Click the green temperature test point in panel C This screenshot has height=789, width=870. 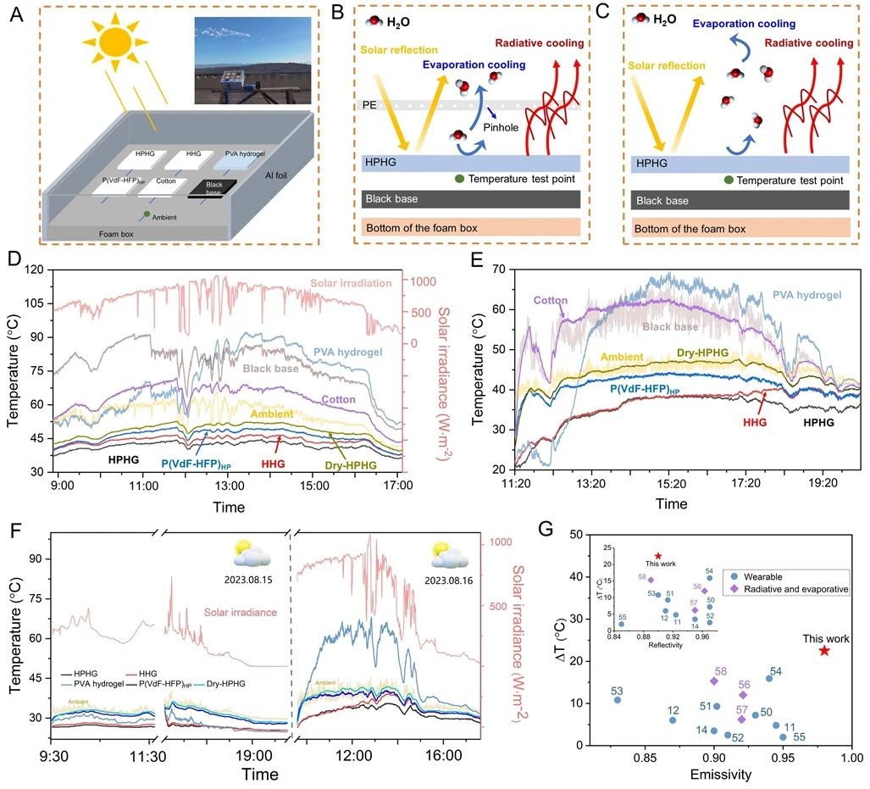click(729, 180)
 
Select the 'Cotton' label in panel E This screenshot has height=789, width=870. click(550, 299)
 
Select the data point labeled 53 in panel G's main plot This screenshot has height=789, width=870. click(618, 700)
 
